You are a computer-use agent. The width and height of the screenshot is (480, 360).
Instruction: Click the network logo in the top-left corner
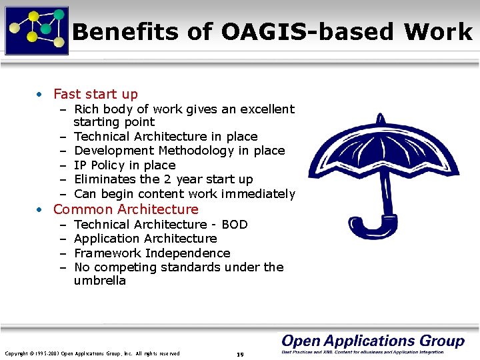click(x=37, y=29)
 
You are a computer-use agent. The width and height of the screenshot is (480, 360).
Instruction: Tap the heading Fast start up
click(x=95, y=94)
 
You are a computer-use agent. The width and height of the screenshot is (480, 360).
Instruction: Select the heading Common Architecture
click(x=125, y=209)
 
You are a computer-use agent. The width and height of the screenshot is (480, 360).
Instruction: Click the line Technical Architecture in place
click(x=165, y=137)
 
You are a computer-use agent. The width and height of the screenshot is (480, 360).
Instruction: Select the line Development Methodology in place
click(x=179, y=151)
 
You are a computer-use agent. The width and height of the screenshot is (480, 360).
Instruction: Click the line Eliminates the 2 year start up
click(x=163, y=179)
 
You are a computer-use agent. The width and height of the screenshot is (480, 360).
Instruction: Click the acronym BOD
click(x=234, y=225)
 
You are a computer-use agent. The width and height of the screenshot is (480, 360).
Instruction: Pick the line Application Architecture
click(x=145, y=239)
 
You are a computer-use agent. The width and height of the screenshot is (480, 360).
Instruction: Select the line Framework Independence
click(x=152, y=253)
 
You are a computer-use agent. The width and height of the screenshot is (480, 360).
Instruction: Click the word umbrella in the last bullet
click(x=100, y=281)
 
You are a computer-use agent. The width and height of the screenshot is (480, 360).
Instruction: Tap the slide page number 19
click(x=240, y=354)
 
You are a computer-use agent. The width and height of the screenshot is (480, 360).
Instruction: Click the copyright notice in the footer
click(x=92, y=353)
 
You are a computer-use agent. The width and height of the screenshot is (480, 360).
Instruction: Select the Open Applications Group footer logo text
click(x=373, y=341)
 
